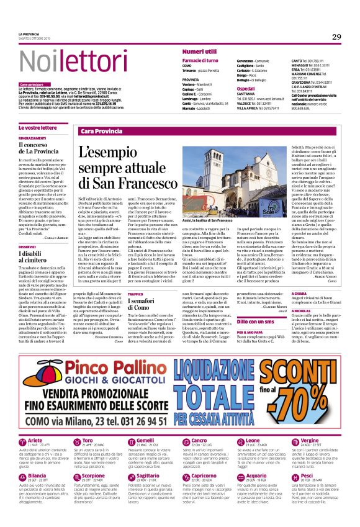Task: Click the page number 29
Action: coord(336,37)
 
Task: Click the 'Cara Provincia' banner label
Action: coord(101,132)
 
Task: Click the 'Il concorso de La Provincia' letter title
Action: coord(38,148)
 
